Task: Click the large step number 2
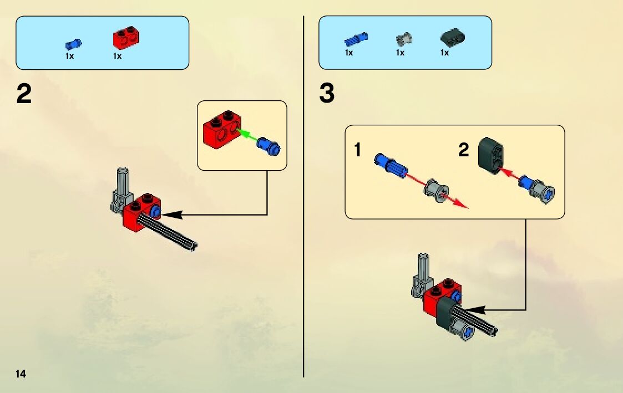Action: pyautogui.click(x=24, y=94)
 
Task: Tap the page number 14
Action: pyautogui.click(x=21, y=374)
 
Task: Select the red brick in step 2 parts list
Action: pyautogui.click(x=126, y=38)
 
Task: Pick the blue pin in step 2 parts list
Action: pyautogui.click(x=73, y=44)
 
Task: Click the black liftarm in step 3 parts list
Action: pyautogui.click(x=453, y=38)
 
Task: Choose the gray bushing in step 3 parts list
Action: pyautogui.click(x=404, y=39)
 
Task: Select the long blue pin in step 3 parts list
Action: pyautogui.click(x=356, y=39)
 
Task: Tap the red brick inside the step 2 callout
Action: pyautogui.click(x=221, y=129)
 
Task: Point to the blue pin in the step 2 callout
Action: pyautogui.click(x=269, y=146)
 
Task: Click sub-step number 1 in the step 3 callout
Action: pyautogui.click(x=358, y=150)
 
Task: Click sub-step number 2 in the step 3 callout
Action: pyautogui.click(x=463, y=150)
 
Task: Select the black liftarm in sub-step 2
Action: pyautogui.click(x=491, y=156)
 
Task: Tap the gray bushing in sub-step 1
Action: pyautogui.click(x=437, y=191)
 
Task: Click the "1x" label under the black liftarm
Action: pyautogui.click(x=444, y=53)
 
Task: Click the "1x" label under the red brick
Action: pyautogui.click(x=117, y=56)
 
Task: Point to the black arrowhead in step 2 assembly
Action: pyautogui.click(x=171, y=215)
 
